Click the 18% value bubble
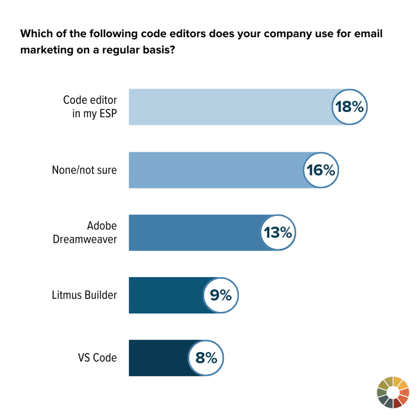pos(349,107)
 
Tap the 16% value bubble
pos(321,170)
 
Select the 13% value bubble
pos(278,233)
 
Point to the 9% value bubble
pos(221,295)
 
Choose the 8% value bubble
pos(206,358)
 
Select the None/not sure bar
pos(216,170)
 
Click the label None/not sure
pos(84,170)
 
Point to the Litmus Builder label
pos(84,295)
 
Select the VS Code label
pos(98,358)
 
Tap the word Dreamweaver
pos(85,239)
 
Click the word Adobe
pos(102,226)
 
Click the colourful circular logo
pos(393,393)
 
